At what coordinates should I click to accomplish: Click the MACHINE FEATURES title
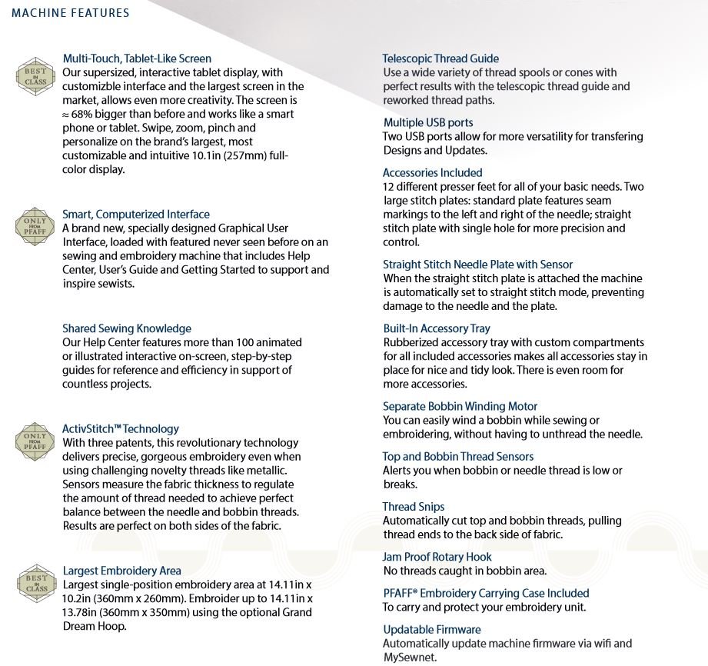[x=71, y=13]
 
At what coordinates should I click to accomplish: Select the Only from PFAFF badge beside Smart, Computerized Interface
[x=35, y=226]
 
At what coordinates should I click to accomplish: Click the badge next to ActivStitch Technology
[x=35, y=441]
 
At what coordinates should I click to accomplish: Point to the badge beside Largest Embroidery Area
[x=35, y=583]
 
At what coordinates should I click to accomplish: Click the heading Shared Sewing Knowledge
[x=127, y=328]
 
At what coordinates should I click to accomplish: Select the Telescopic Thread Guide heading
[x=440, y=58]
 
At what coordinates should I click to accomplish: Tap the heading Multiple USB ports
[x=428, y=123]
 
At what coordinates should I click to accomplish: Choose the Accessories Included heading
[x=433, y=173]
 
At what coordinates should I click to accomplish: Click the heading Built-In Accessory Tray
[x=437, y=328]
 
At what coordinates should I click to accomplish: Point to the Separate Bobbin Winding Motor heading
[x=460, y=406]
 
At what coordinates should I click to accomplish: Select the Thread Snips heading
[x=414, y=507]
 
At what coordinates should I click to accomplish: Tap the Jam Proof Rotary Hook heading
[x=437, y=557]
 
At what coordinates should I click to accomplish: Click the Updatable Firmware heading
[x=432, y=629]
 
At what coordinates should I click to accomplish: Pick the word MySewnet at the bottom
[x=409, y=658]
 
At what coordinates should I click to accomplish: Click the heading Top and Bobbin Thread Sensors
[x=458, y=457]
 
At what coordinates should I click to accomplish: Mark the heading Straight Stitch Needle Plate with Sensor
[x=478, y=265]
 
